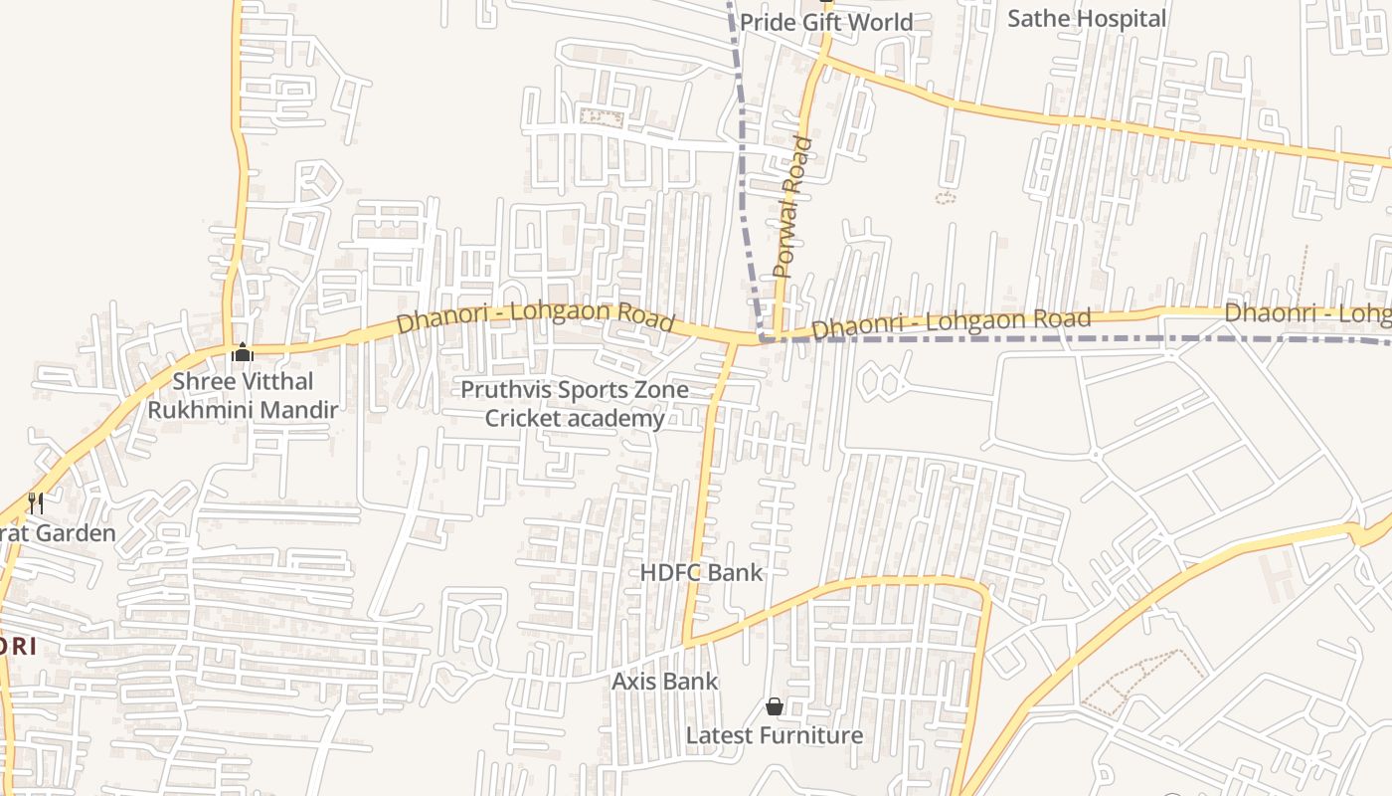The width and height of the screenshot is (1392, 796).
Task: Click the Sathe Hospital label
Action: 1086,19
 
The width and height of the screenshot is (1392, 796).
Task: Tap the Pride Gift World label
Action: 825,22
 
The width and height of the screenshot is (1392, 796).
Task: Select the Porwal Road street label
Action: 792,207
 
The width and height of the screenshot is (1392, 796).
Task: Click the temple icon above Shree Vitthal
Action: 242,353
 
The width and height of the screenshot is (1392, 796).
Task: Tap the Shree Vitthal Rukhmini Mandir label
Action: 243,395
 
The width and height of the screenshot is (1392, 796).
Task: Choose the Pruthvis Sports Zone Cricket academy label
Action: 575,404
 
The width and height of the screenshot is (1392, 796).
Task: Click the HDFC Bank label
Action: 701,572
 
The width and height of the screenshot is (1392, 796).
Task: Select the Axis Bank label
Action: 664,682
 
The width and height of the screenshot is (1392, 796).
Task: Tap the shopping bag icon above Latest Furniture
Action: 775,706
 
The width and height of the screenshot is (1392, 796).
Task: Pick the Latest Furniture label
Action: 775,735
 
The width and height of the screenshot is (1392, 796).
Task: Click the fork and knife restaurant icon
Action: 36,503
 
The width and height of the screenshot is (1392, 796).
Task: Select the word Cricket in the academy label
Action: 525,418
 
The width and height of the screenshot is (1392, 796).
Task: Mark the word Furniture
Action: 812,735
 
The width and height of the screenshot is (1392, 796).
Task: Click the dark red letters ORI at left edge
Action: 18,646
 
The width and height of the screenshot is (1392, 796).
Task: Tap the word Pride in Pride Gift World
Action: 766,22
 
